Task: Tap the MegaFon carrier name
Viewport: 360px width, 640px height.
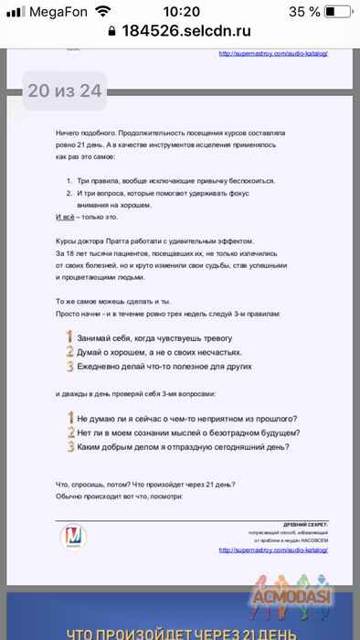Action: (51, 12)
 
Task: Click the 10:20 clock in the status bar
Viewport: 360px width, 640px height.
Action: (180, 12)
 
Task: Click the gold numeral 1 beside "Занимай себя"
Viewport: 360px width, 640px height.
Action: (69, 336)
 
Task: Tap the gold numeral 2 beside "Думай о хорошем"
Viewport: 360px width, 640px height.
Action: (69, 351)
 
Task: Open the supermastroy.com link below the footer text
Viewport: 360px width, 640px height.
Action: (273, 550)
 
